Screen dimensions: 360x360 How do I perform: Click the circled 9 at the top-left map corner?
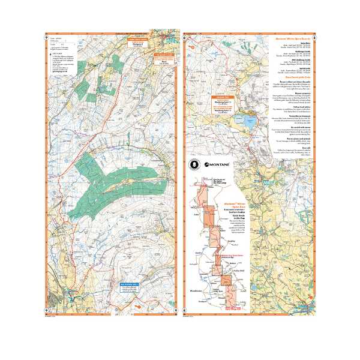tap(47, 38)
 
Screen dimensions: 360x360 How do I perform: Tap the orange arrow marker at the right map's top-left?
tap(188, 43)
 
